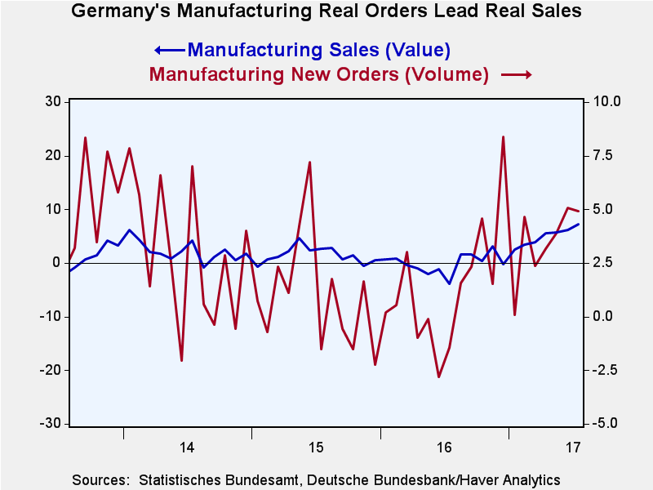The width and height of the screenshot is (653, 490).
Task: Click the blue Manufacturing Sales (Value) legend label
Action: tap(318, 49)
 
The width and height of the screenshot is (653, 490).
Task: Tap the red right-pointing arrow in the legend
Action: tap(517, 74)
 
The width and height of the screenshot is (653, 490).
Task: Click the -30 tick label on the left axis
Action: tap(51, 424)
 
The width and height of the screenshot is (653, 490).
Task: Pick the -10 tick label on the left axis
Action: tap(51, 316)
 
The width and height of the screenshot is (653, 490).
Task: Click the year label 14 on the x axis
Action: tap(187, 447)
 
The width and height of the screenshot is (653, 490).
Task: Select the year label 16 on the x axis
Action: tap(444, 447)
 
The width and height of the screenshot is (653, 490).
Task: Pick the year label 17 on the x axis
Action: tap(573, 447)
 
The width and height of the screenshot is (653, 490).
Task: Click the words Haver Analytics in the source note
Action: tap(516, 479)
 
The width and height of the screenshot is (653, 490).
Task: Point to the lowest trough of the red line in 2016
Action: tap(438, 376)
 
